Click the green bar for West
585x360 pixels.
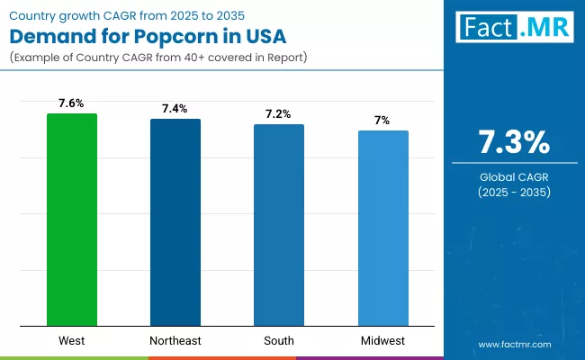point(72,220)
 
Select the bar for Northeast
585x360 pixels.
point(175,222)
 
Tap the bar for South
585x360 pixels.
point(279,225)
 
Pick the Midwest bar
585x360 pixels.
point(382,228)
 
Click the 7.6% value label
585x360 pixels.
point(72,103)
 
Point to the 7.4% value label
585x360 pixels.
point(175,109)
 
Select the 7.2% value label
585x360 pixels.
point(279,114)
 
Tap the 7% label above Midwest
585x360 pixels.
point(382,121)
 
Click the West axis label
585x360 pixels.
point(72,341)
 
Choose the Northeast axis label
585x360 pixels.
point(175,341)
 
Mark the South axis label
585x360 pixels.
point(279,341)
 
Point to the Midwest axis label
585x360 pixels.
point(382,341)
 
